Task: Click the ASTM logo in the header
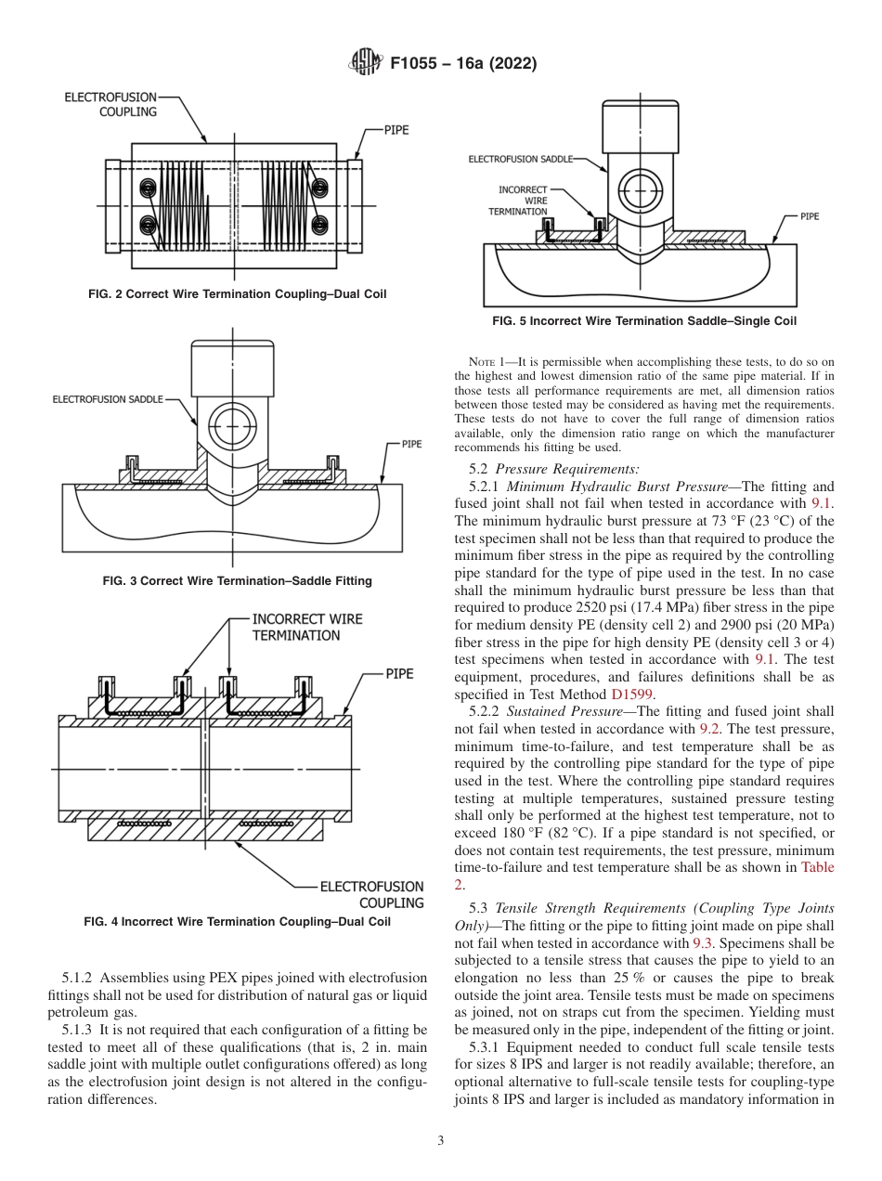click(364, 63)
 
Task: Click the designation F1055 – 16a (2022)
click(463, 64)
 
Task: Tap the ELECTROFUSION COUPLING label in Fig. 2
click(110, 104)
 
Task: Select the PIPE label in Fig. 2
click(396, 131)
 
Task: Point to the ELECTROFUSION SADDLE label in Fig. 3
click(107, 399)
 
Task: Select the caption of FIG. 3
click(237, 581)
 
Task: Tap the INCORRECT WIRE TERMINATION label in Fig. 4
click(307, 627)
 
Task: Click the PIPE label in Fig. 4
click(399, 674)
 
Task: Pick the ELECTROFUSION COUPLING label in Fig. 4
click(371, 894)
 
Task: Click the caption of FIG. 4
click(237, 922)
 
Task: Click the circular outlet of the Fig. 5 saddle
click(641, 190)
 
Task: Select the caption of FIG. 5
click(643, 321)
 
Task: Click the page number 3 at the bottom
click(440, 1140)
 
